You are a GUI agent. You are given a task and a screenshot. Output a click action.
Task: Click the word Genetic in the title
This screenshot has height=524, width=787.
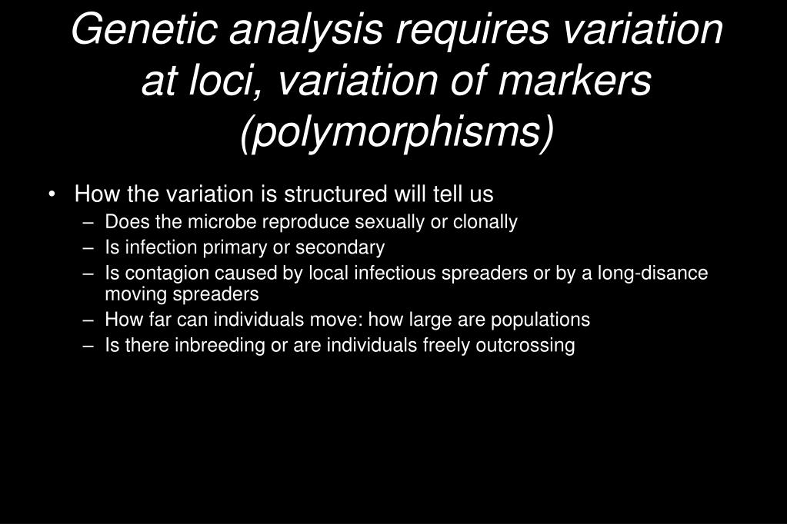[144, 29]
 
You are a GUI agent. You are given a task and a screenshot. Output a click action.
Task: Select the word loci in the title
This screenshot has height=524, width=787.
[220, 80]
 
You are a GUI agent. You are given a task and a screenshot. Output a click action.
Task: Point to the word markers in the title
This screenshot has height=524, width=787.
[575, 80]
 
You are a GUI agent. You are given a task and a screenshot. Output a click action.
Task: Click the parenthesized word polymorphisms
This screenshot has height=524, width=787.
[396, 132]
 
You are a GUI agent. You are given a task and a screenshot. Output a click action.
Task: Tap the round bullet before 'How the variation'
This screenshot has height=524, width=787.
[52, 194]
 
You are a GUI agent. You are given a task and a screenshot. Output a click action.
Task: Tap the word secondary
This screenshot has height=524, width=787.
[340, 247]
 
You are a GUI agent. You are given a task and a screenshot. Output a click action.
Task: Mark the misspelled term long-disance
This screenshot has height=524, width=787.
[652, 274]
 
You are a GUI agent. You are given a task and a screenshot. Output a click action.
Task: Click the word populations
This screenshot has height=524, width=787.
[540, 320]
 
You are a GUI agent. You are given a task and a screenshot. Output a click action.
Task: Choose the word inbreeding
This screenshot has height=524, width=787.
[220, 346]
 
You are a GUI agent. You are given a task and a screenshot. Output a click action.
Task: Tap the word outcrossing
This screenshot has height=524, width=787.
[525, 346]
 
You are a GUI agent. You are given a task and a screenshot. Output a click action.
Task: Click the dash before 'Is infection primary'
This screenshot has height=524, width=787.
[88, 247]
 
